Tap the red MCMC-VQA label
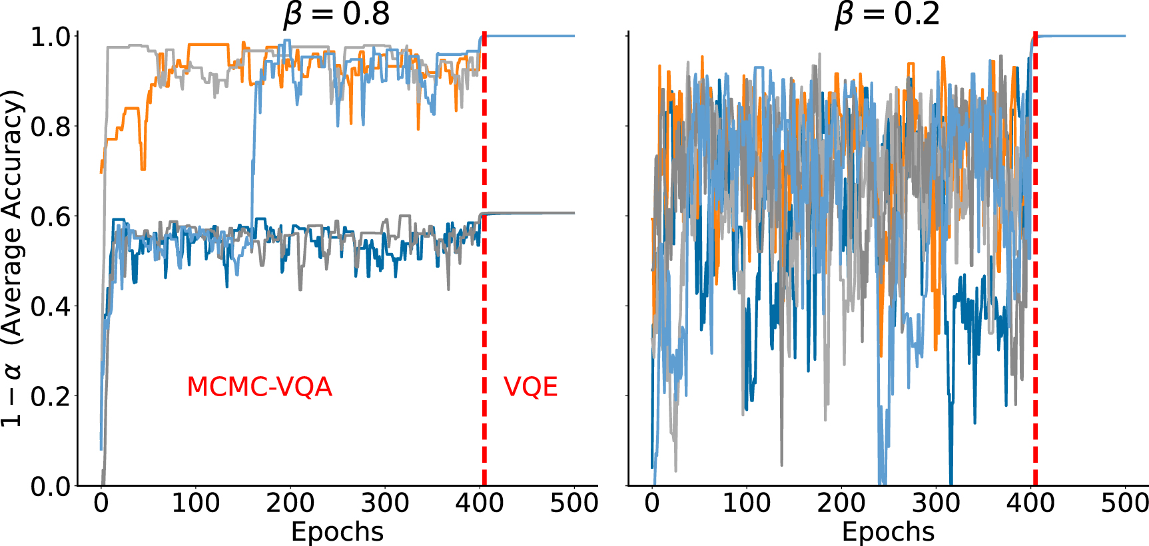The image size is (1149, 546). pyautogui.click(x=259, y=387)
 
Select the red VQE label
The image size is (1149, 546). pyautogui.click(x=530, y=387)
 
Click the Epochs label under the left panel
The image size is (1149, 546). pyautogui.click(x=337, y=532)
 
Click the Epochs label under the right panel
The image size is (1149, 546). pyautogui.click(x=888, y=532)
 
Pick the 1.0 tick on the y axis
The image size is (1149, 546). pyautogui.click(x=51, y=37)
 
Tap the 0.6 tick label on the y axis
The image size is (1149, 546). pyautogui.click(x=51, y=216)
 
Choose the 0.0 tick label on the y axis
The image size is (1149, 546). pyautogui.click(x=51, y=487)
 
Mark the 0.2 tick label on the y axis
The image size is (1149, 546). pyautogui.click(x=51, y=397)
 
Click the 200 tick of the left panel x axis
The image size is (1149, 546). pyautogui.click(x=290, y=503)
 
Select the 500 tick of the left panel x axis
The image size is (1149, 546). pyautogui.click(x=574, y=503)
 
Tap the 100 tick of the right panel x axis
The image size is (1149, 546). pyautogui.click(x=747, y=503)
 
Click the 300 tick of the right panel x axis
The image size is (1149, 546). pyautogui.click(x=936, y=503)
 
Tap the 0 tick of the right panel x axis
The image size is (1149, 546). pyautogui.click(x=652, y=503)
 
